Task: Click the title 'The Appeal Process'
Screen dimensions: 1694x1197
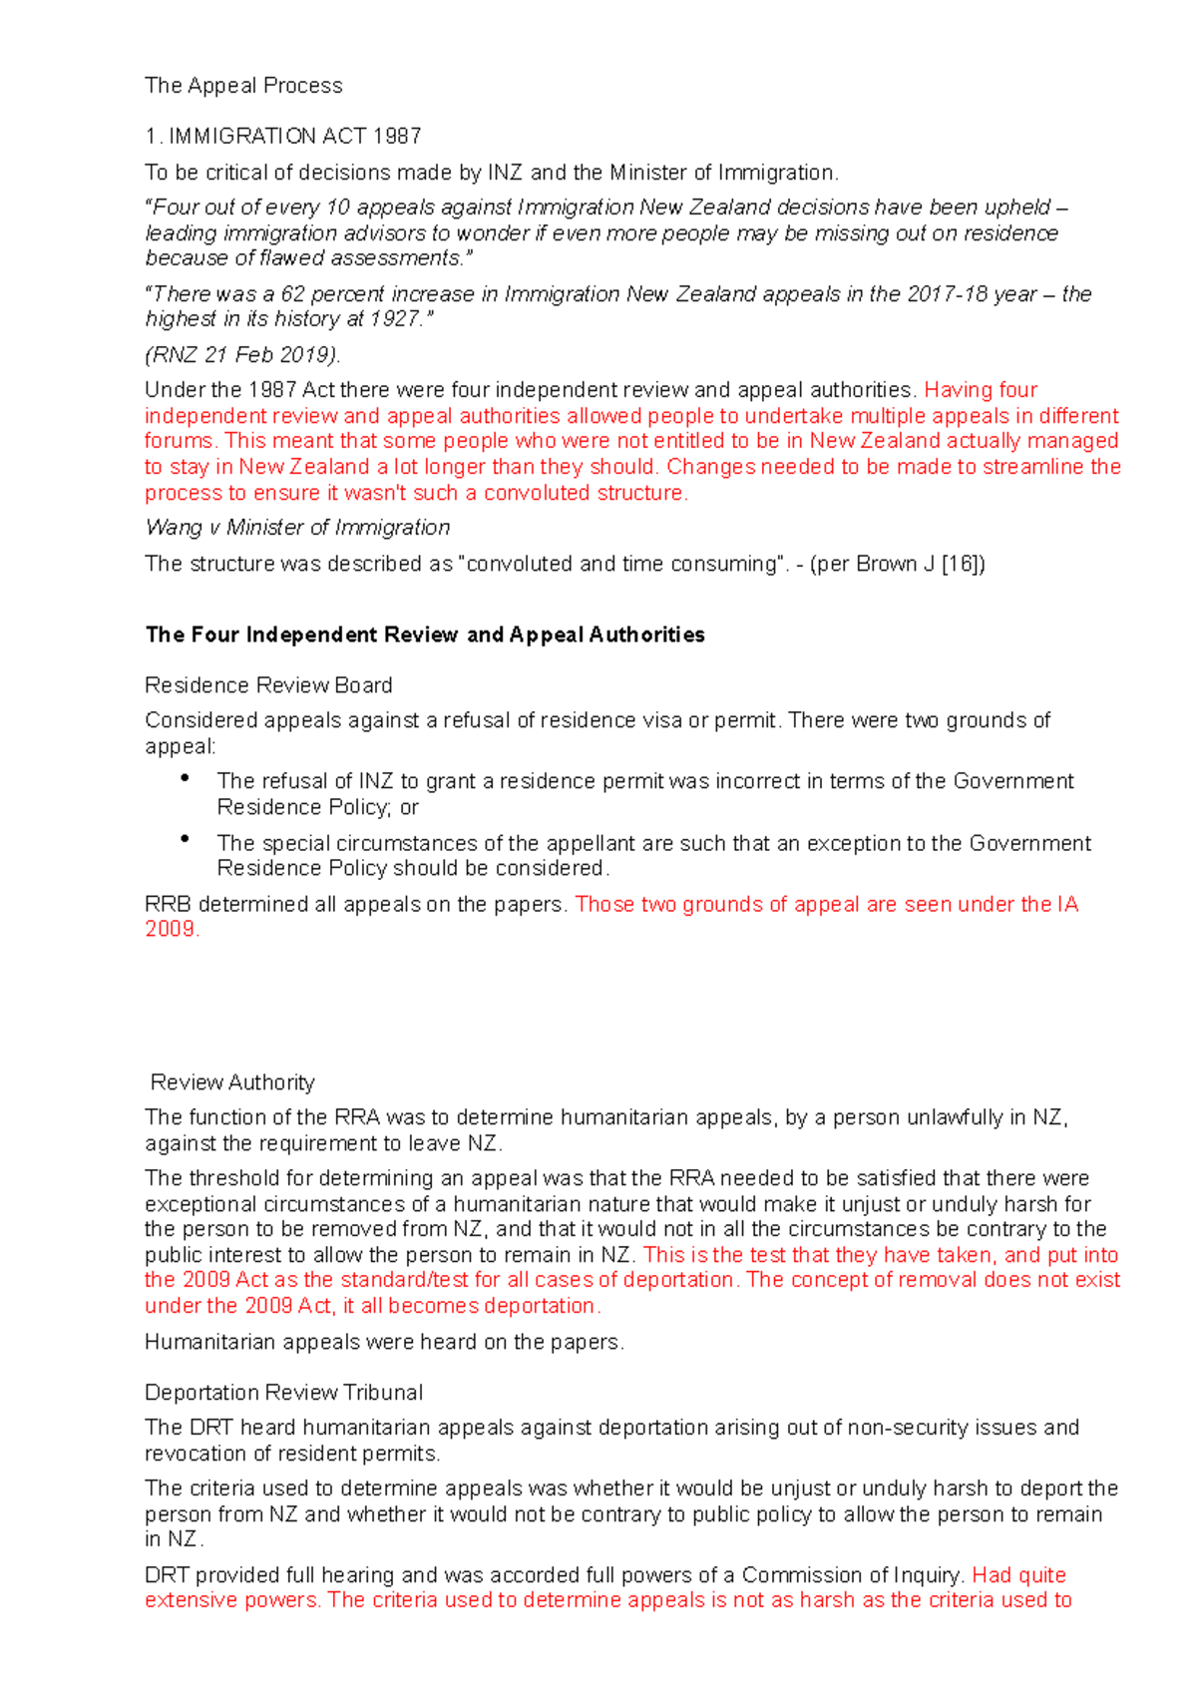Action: pos(243,86)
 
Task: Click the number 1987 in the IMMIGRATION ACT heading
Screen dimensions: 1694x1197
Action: pos(397,136)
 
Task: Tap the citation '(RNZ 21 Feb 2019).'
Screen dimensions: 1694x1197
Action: pos(242,355)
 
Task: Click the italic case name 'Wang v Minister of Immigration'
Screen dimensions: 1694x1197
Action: pos(297,528)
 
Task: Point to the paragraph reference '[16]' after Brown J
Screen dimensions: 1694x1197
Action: pos(963,564)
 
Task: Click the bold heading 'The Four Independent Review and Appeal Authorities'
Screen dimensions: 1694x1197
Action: pos(425,635)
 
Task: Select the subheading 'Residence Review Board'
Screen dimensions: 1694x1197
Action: pos(268,685)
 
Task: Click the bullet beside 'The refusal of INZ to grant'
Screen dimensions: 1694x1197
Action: pos(186,778)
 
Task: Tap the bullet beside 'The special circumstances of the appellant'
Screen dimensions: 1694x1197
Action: pos(186,840)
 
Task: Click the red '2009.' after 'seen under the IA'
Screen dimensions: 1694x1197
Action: pos(172,930)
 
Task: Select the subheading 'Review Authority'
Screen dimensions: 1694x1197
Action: pos(232,1082)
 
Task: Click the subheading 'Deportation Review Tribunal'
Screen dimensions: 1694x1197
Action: pos(283,1393)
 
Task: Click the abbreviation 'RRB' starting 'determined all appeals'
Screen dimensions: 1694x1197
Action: pos(168,905)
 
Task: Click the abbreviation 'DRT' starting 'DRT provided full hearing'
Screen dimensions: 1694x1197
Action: pos(167,1575)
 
